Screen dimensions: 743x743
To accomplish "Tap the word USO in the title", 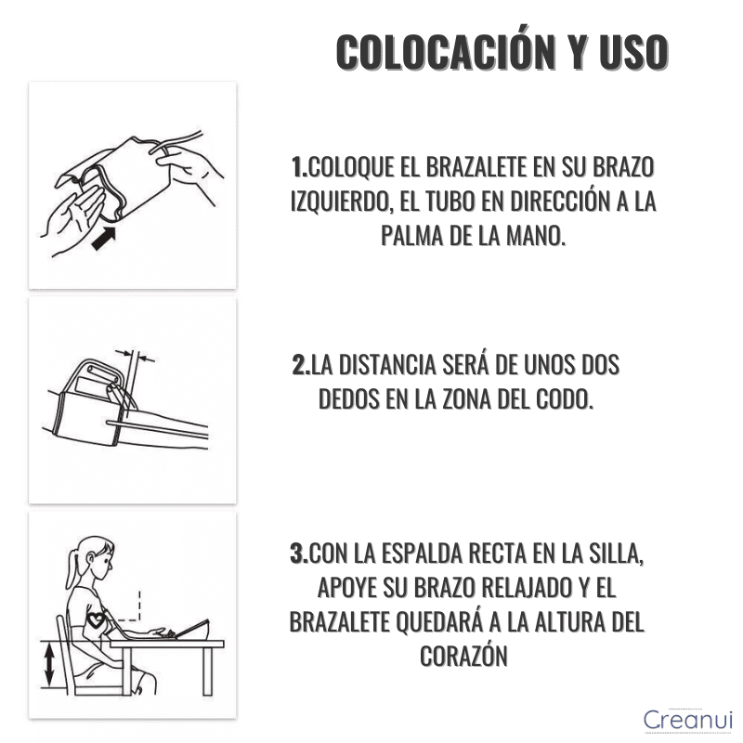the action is click(x=634, y=52).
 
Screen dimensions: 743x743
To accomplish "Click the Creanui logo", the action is click(x=687, y=719).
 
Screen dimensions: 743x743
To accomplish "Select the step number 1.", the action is click(x=298, y=167).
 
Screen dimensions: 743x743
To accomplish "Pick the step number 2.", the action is click(x=300, y=365).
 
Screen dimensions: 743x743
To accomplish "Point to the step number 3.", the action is click(x=298, y=554).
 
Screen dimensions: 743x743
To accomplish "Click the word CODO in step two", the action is click(x=564, y=399).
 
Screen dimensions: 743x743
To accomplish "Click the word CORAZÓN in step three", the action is click(x=463, y=657).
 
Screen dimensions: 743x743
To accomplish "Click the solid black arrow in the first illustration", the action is click(x=104, y=239).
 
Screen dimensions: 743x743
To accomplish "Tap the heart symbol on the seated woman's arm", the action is click(x=97, y=619).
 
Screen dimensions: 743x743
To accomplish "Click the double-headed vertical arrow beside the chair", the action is click(x=49, y=665).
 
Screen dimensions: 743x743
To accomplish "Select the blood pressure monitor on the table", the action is click(x=192, y=629).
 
